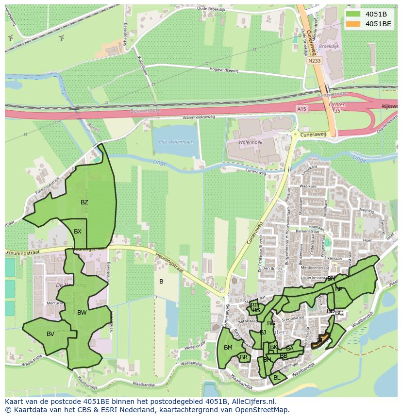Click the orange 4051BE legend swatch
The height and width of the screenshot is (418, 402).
tap(352, 23)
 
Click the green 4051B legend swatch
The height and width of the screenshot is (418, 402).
tap(352, 14)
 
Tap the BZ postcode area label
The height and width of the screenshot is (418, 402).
tap(84, 202)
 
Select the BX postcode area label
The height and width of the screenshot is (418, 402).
tap(78, 232)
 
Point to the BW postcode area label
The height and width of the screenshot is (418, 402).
tap(82, 313)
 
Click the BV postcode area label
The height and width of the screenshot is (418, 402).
tap(50, 334)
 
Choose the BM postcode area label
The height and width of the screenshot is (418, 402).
tap(228, 347)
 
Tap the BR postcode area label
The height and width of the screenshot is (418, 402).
tap(244, 357)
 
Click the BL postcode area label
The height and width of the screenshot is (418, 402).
tap(277, 377)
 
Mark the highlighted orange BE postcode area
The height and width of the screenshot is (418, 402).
tap(320, 340)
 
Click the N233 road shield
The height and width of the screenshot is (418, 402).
tap(314, 61)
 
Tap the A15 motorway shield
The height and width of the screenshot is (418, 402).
tap(301, 110)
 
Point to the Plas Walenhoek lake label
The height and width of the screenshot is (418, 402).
tap(176, 142)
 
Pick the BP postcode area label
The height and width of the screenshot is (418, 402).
tap(339, 289)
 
